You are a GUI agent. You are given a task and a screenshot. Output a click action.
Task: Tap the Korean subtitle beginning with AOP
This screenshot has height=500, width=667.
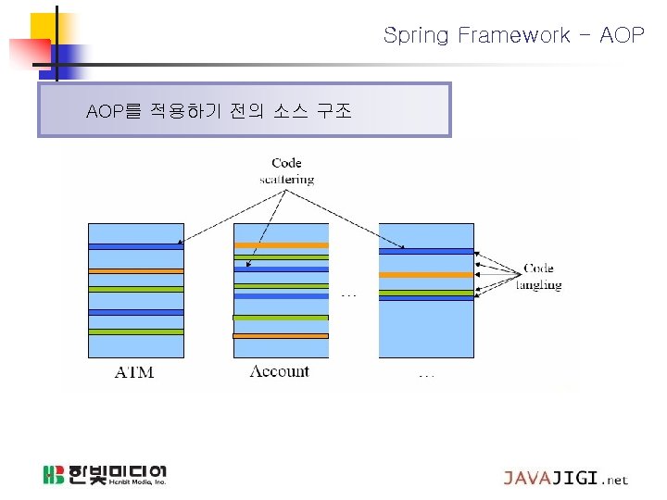coord(219,112)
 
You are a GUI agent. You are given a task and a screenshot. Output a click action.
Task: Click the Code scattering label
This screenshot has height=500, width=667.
coord(286,171)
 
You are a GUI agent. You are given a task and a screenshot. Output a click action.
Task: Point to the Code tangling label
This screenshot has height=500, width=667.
coord(538,277)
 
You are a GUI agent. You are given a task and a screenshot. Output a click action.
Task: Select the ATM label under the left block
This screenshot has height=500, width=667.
coord(133,373)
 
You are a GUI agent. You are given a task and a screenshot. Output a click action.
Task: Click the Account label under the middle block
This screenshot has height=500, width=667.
coord(280,371)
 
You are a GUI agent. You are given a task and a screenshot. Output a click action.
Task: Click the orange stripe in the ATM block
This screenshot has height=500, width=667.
coord(136,271)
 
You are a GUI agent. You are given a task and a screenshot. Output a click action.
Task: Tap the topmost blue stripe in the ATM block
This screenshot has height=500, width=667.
coord(136,245)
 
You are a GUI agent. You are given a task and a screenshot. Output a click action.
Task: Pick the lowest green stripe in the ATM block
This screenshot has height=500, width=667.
coord(136,331)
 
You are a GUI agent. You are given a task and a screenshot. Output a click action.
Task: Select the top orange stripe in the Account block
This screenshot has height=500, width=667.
coord(281,245)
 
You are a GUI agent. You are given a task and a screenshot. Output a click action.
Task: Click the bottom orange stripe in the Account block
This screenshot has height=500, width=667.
coord(281,335)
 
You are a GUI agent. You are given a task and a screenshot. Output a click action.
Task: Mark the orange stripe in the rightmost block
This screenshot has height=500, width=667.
coord(426,275)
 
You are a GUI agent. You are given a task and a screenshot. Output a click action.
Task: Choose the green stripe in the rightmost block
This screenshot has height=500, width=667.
coord(426,293)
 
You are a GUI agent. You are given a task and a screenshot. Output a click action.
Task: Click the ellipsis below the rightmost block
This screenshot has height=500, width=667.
coord(426,375)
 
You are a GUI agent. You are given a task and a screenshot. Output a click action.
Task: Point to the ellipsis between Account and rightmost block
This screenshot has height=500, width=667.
coord(348,295)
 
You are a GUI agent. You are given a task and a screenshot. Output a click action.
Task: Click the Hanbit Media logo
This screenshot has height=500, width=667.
coord(105,476)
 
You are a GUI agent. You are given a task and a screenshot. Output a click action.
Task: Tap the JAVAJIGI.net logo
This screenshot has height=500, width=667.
coord(565,479)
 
